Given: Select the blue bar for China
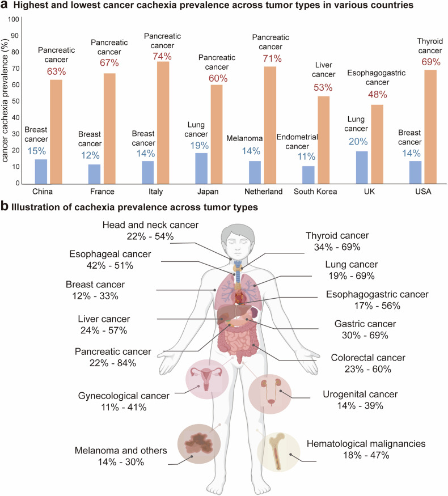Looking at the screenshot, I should tap(40, 171).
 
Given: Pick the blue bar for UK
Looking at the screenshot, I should tap(362, 167).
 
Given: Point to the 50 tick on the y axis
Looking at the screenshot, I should tap(16, 101).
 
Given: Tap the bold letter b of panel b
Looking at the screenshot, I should tap(5, 207).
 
